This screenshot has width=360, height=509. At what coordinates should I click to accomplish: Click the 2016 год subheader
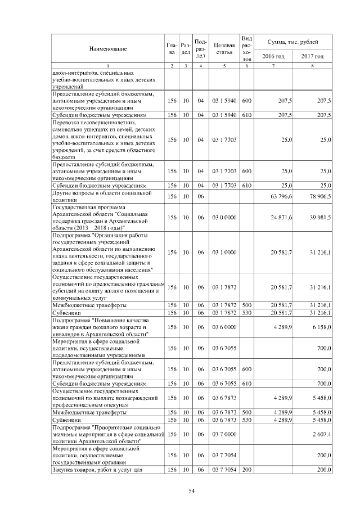point(274,56)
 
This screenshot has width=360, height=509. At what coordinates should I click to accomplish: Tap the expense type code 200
point(246,469)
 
